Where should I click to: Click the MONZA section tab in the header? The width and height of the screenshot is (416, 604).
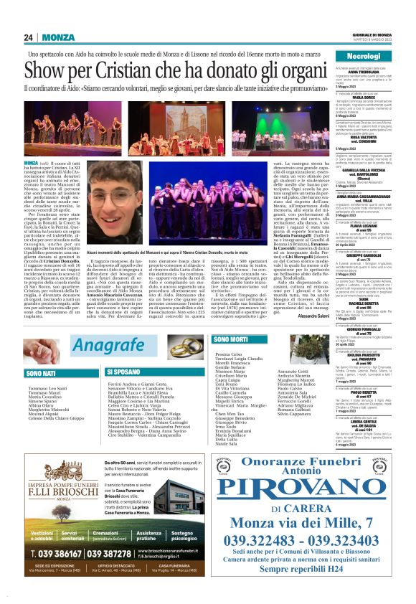[58, 37]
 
